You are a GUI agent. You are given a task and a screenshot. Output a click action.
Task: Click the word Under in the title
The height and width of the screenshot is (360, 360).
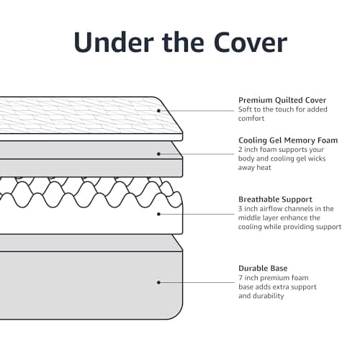(114, 42)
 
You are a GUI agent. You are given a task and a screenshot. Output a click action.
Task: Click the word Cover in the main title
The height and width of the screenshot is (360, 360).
(251, 42)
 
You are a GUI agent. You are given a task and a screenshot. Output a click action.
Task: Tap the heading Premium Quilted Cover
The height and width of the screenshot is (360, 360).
(282, 100)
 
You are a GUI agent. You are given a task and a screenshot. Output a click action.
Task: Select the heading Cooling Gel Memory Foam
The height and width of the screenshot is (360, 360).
(288, 140)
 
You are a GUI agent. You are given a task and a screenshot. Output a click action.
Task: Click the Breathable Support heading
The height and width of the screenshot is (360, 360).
(275, 199)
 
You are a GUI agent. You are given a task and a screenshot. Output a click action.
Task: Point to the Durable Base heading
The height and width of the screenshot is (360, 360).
(263, 268)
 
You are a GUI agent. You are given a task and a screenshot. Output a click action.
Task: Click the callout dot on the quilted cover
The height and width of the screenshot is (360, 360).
(158, 111)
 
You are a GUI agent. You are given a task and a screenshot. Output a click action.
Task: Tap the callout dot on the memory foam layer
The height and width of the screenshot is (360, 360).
(158, 154)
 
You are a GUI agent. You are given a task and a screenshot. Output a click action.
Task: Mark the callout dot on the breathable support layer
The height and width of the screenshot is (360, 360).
(158, 214)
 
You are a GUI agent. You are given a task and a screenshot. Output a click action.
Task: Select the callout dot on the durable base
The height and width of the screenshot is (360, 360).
(158, 282)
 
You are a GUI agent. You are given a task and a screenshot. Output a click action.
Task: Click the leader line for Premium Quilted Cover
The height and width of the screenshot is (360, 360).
(197, 111)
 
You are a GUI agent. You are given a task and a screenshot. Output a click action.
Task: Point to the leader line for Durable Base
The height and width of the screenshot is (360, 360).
(197, 282)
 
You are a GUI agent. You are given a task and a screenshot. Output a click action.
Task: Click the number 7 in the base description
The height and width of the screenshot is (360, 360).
(240, 278)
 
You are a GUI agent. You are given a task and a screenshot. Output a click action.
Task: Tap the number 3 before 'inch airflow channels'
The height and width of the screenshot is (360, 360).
(240, 209)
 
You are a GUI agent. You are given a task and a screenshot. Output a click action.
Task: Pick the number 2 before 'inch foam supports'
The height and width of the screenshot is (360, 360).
(240, 150)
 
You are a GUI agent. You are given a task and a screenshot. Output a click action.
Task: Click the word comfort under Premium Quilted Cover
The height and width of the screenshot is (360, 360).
(251, 118)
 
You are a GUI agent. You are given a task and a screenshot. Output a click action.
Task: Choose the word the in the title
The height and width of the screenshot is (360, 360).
(183, 42)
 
